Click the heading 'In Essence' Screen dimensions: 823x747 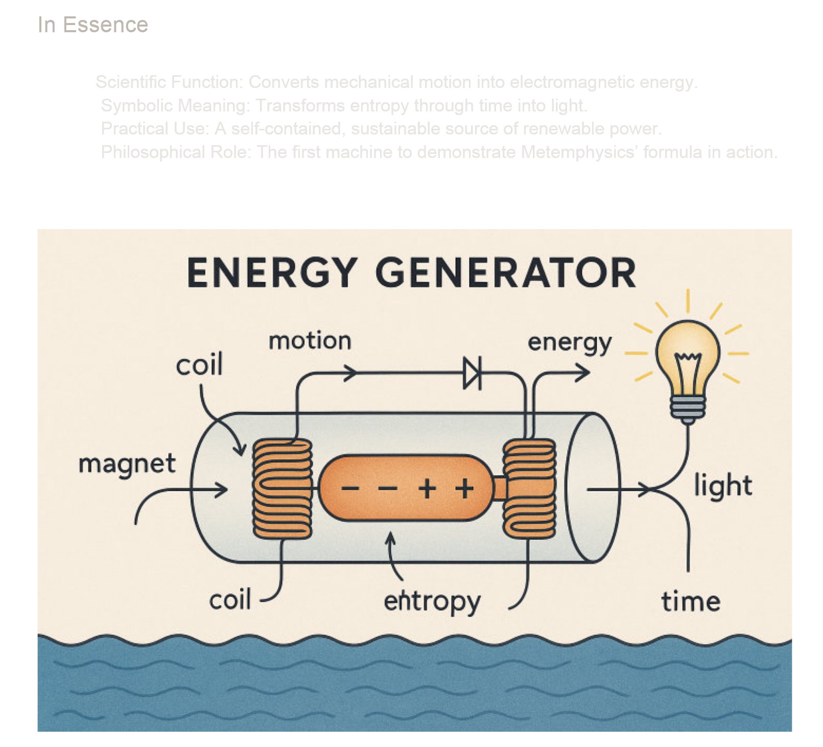[x=93, y=25]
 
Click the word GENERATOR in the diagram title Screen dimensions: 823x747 [x=506, y=273]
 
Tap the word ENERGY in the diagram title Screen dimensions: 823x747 [x=272, y=273]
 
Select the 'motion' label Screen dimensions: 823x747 [x=310, y=341]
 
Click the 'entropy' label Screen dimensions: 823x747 [x=432, y=602]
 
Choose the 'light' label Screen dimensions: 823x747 [x=723, y=485]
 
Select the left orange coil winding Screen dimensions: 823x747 [x=283, y=488]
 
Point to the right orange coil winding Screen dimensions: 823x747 [x=529, y=488]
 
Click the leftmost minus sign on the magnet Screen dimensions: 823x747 [x=350, y=489]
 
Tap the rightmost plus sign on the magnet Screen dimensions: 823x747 [x=464, y=489]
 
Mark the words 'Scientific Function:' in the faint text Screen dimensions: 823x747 [x=170, y=82]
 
